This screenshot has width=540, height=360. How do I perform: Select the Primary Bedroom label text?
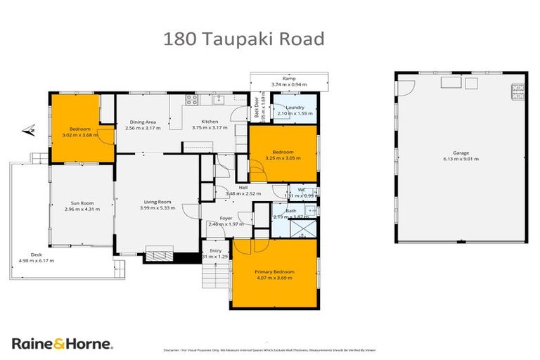tap(274, 271)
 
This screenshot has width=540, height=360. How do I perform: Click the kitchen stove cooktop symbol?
tap(191, 101)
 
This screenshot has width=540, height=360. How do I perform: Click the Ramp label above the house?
tap(288, 78)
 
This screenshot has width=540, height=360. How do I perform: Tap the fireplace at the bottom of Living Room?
tap(158, 252)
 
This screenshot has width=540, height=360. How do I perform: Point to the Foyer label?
tap(226, 218)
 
